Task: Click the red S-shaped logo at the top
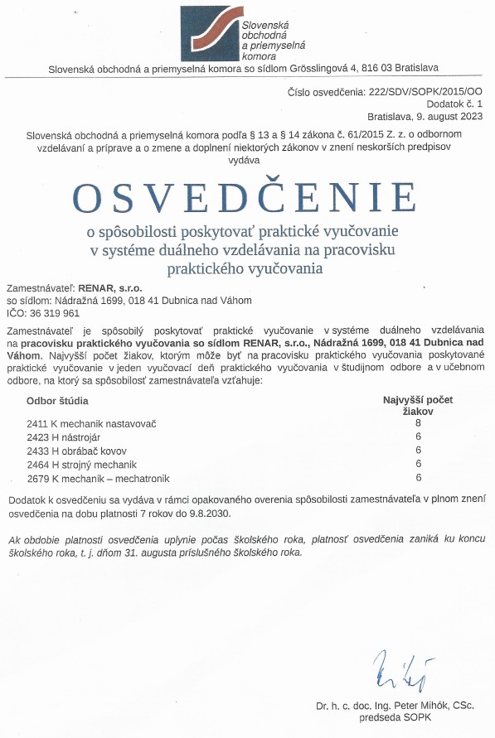208,30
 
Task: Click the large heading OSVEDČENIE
244,196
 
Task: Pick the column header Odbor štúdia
58,401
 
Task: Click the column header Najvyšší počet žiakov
418,404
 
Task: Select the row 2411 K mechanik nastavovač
91,423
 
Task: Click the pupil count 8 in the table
419,422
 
